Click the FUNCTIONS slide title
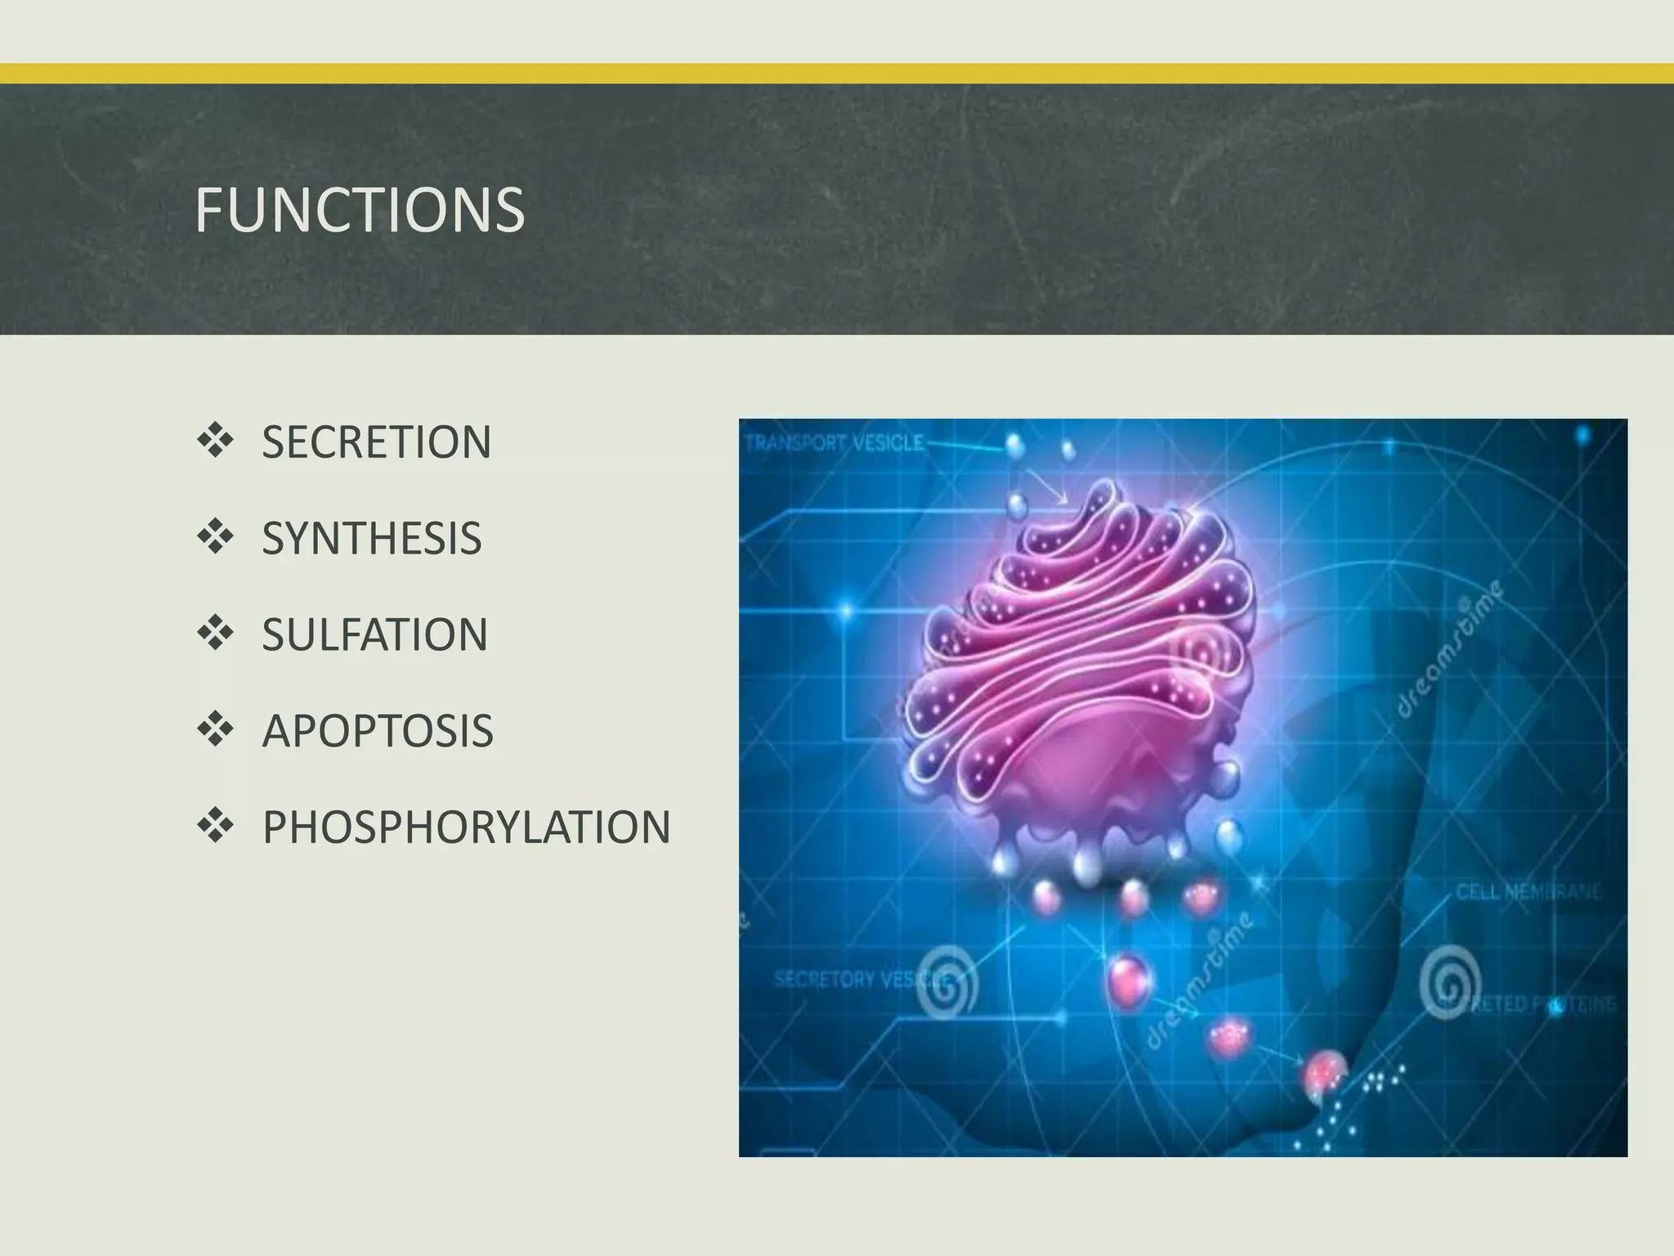point(359,210)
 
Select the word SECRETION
point(376,442)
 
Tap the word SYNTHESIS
point(371,538)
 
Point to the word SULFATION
point(374,635)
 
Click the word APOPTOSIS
point(377,731)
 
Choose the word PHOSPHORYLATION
point(466,827)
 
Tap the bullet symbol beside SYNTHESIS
point(215,536)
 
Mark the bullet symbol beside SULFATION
point(215,633)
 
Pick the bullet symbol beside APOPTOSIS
point(215,729)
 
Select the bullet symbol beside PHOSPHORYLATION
point(215,825)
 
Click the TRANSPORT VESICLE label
point(835,444)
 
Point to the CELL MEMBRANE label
point(1527,891)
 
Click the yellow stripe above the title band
point(837,74)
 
